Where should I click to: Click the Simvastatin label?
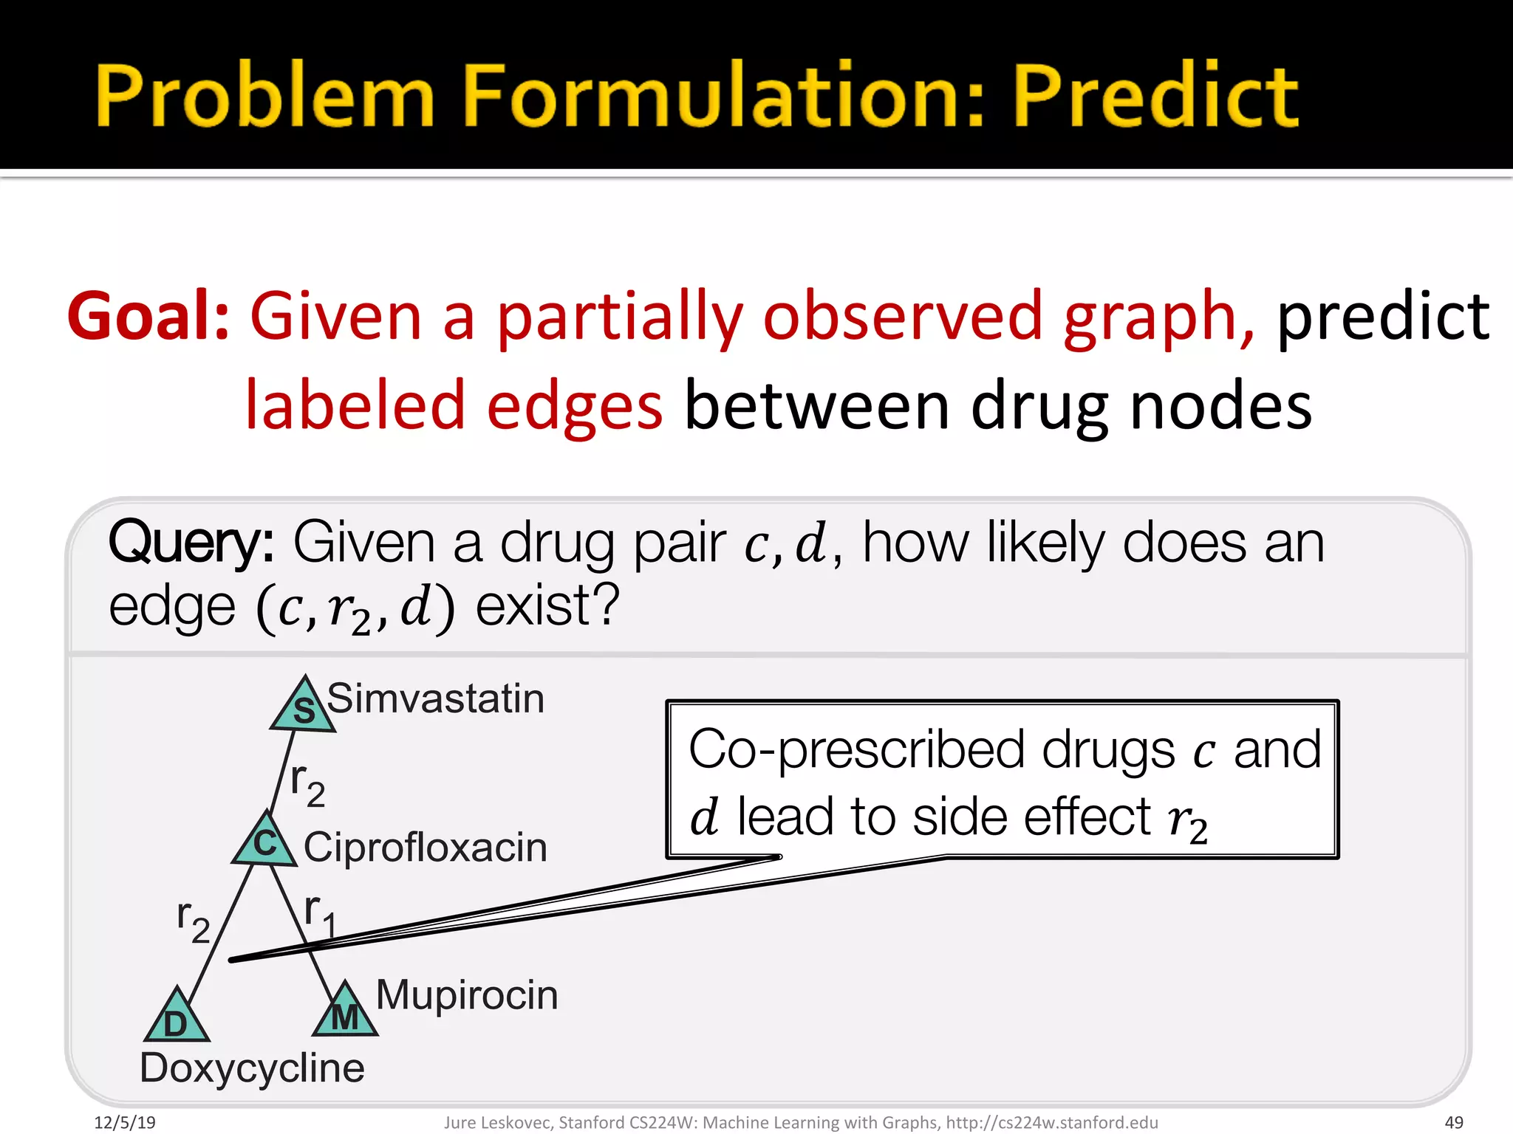[x=435, y=698]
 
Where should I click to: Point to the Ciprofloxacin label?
[x=425, y=847]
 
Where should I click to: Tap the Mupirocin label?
[x=466, y=994]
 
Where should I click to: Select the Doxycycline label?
[x=252, y=1068]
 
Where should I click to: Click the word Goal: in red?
[x=148, y=317]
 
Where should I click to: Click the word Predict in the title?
[x=1155, y=96]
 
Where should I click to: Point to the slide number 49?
[x=1453, y=1123]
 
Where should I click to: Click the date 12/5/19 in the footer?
[x=125, y=1123]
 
